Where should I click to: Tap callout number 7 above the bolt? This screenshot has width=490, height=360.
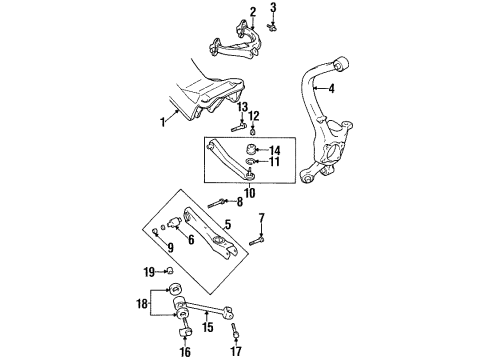(261, 217)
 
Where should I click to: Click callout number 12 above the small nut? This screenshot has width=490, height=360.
(254, 115)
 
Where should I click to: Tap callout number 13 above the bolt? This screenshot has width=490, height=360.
(241, 107)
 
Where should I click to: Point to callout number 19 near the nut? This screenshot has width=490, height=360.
(148, 272)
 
